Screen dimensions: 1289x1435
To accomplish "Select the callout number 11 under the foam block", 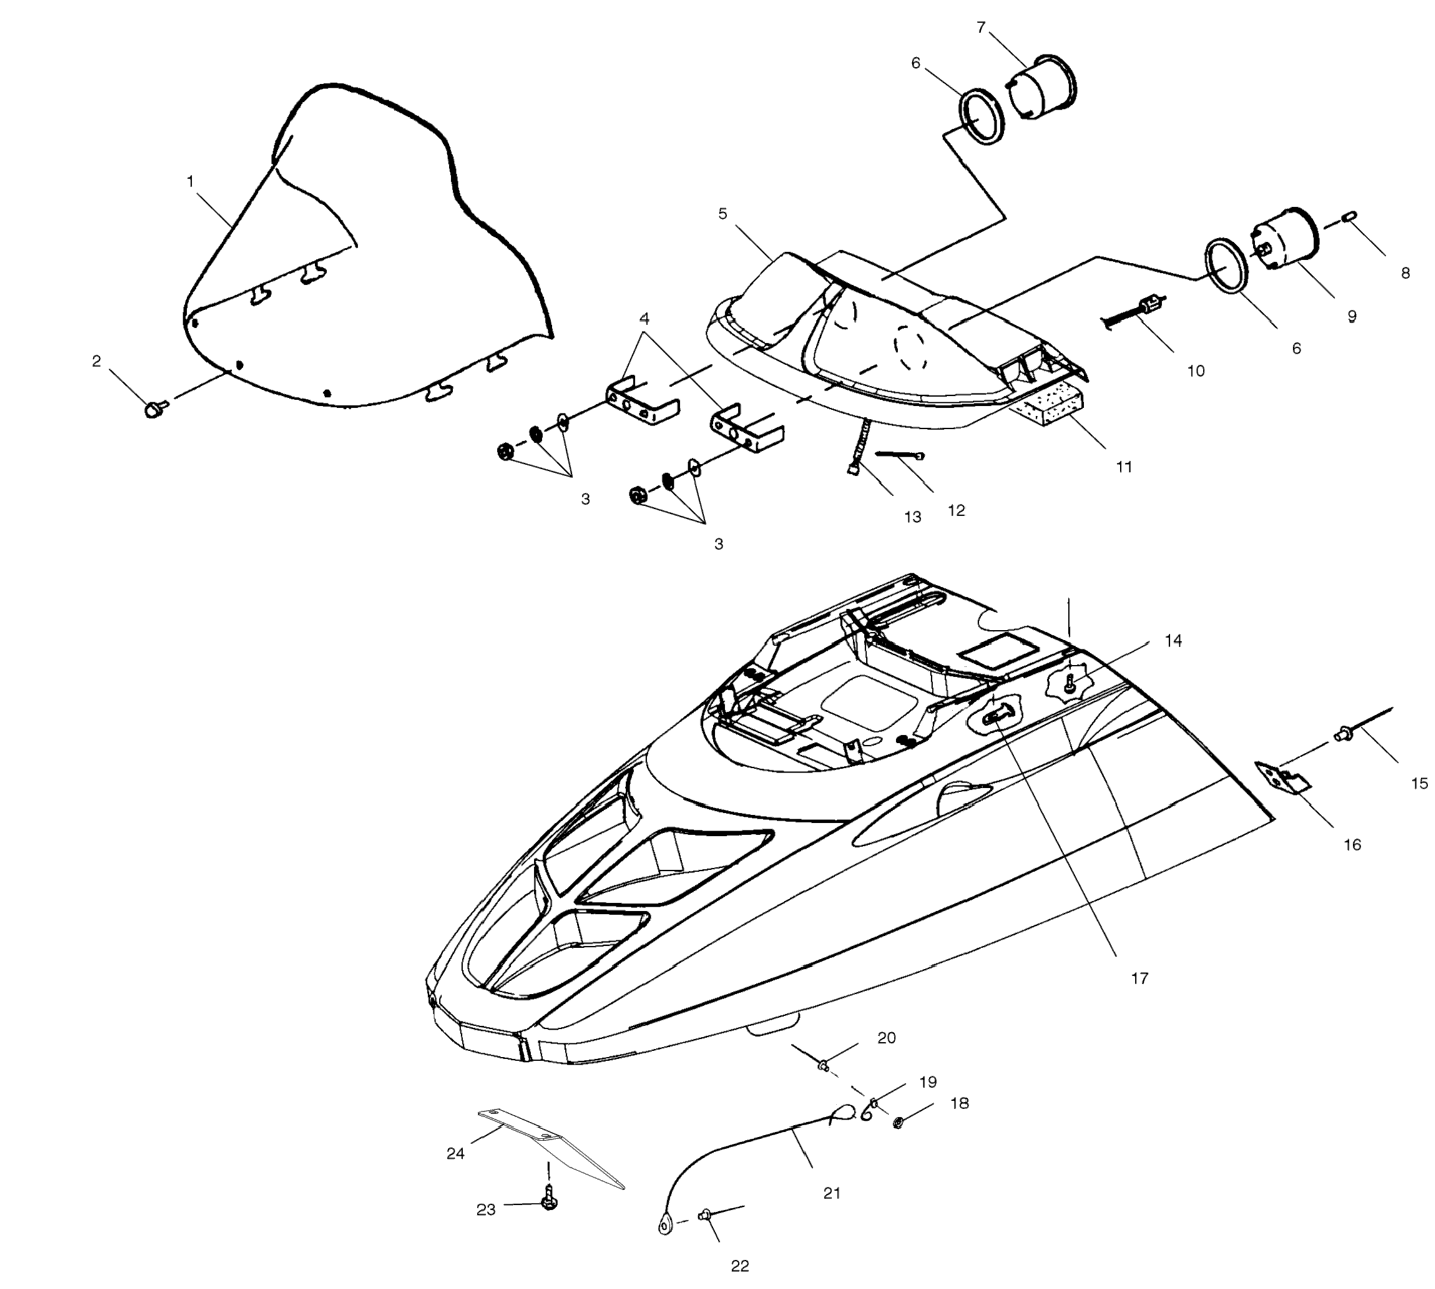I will point(1124,467).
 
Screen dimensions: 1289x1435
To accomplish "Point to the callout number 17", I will point(1139,978).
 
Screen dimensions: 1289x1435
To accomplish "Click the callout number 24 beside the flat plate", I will point(456,1154).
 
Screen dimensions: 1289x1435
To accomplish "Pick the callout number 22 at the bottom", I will point(740,1266).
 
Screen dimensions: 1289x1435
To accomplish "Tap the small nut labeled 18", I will point(898,1122).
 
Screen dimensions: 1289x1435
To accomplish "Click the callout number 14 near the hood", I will point(1173,640).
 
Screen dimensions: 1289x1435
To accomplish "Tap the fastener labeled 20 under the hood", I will point(823,1064).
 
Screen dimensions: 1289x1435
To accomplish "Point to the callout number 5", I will point(722,213).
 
